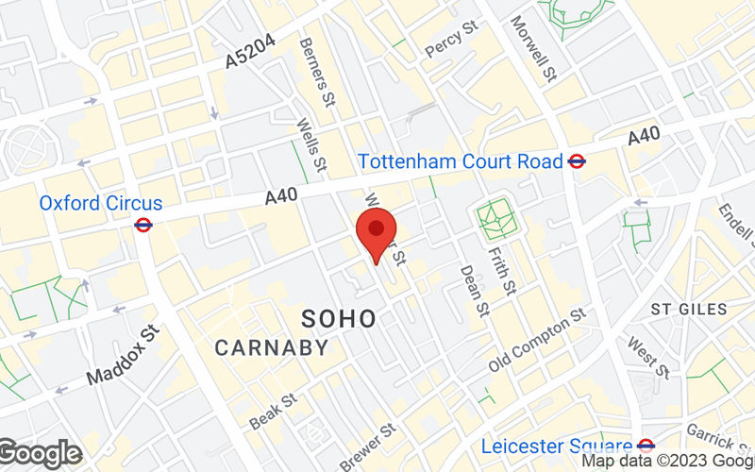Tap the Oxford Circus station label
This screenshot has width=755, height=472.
point(101,203)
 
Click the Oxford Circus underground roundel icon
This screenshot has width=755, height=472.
point(143,225)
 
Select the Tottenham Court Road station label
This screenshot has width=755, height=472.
point(460,161)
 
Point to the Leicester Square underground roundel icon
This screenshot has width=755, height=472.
point(646,446)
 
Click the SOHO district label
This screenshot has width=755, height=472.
point(339,318)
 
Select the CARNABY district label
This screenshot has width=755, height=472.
point(272,347)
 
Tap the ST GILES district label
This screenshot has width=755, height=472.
point(689,309)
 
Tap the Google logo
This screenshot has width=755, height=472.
point(40,454)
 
